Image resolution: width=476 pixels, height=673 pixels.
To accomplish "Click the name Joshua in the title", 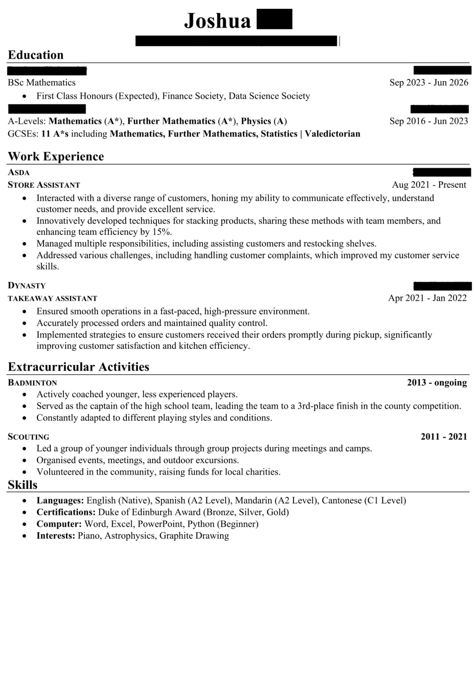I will tap(217, 21).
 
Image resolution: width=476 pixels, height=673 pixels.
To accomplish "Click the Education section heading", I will tap(35, 55).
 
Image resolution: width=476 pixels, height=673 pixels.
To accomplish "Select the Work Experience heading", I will tap(56, 157).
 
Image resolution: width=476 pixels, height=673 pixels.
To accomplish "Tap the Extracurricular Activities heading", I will tap(78, 367).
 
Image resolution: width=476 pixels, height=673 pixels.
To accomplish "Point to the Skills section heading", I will tap(22, 485).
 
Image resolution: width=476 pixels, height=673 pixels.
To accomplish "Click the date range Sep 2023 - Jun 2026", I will tap(428, 83).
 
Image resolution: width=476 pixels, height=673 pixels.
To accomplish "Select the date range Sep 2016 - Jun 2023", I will tap(428, 121).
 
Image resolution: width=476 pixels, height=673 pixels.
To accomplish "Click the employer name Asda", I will tap(19, 172).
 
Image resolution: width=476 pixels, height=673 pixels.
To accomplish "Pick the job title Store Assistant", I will tap(44, 185).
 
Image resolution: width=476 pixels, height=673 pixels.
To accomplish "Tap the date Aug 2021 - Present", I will tap(429, 185).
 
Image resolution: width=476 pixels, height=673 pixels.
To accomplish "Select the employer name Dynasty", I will tap(27, 285).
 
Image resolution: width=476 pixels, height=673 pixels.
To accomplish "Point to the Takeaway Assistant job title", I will tap(52, 298).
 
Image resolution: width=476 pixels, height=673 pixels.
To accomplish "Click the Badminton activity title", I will tap(32, 383).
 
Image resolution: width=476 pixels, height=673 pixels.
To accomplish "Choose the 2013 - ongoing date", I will tap(437, 382).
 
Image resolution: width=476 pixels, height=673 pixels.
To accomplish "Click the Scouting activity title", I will tap(29, 437).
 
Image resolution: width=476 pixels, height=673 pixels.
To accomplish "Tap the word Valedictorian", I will tap(332, 134).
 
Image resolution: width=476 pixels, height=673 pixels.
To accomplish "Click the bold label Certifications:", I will tap(66, 512).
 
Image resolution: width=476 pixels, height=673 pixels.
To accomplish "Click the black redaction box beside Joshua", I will tap(274, 19).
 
